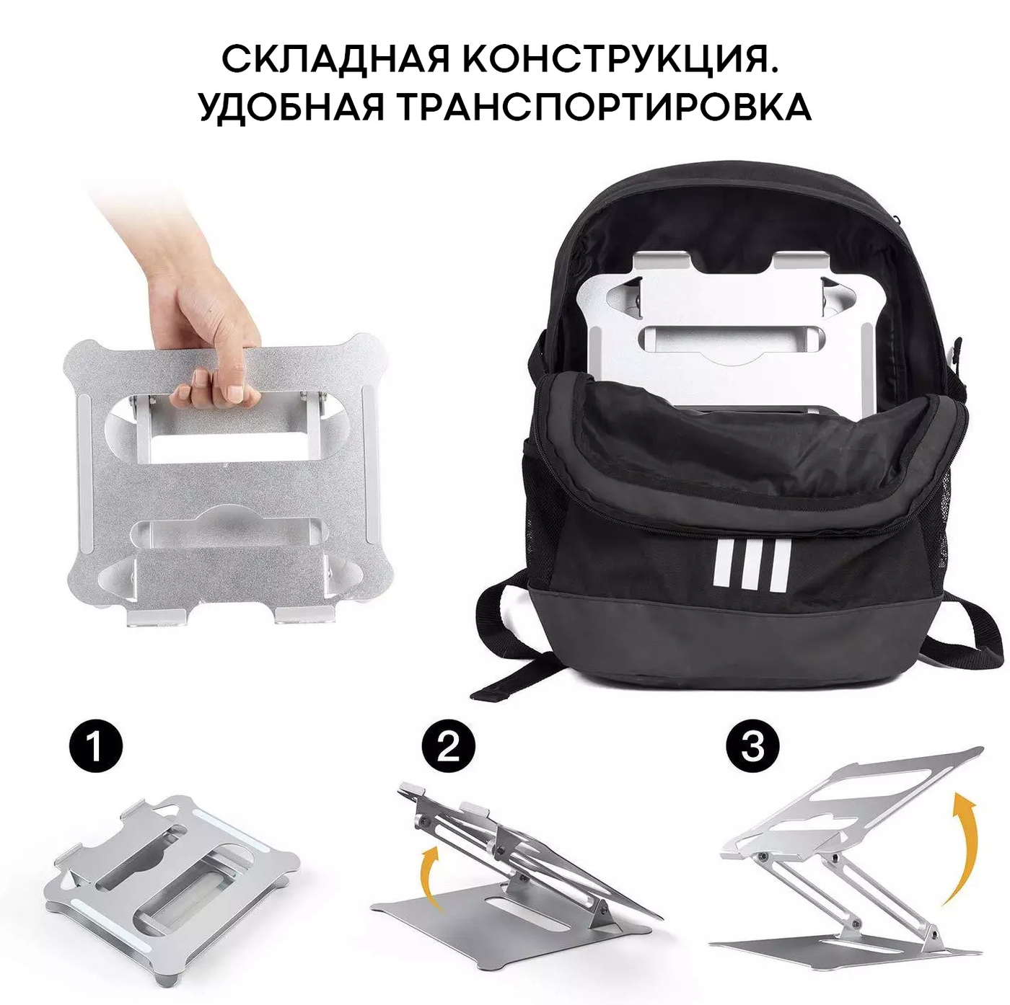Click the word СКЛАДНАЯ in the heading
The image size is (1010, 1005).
coord(335,59)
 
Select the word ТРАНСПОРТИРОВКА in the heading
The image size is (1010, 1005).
coord(607,107)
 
